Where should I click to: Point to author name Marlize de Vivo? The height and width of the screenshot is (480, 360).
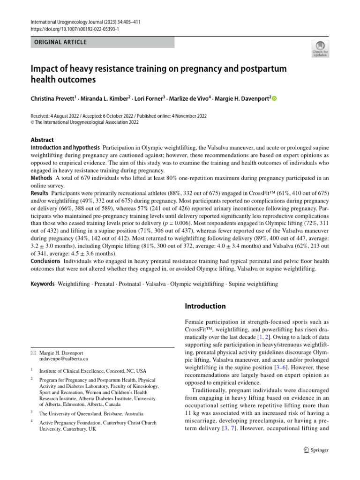[x=189, y=98]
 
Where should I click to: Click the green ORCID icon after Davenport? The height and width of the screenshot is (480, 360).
[x=275, y=98]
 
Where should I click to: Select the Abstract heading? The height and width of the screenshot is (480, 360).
[x=42, y=140]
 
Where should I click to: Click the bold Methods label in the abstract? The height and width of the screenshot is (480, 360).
[x=41, y=178]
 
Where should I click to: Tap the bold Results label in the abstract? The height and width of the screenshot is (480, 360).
[x=40, y=193]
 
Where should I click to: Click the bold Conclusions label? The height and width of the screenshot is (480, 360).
[x=46, y=261]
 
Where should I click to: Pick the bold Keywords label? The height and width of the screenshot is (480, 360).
[x=43, y=284]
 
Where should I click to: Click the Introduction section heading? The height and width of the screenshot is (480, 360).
[x=205, y=307]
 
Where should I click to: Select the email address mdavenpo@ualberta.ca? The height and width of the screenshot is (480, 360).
[x=64, y=358]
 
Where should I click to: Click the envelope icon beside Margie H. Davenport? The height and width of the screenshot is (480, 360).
[x=33, y=352]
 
